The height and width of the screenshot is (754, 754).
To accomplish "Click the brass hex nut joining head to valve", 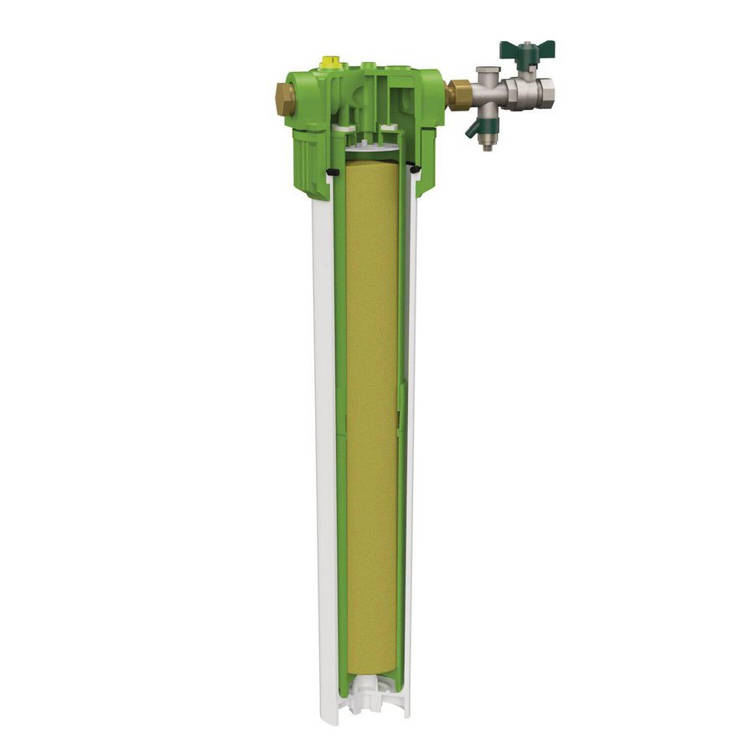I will tap(457, 93).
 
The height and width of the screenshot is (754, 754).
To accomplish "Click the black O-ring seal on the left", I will tap(331, 172).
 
